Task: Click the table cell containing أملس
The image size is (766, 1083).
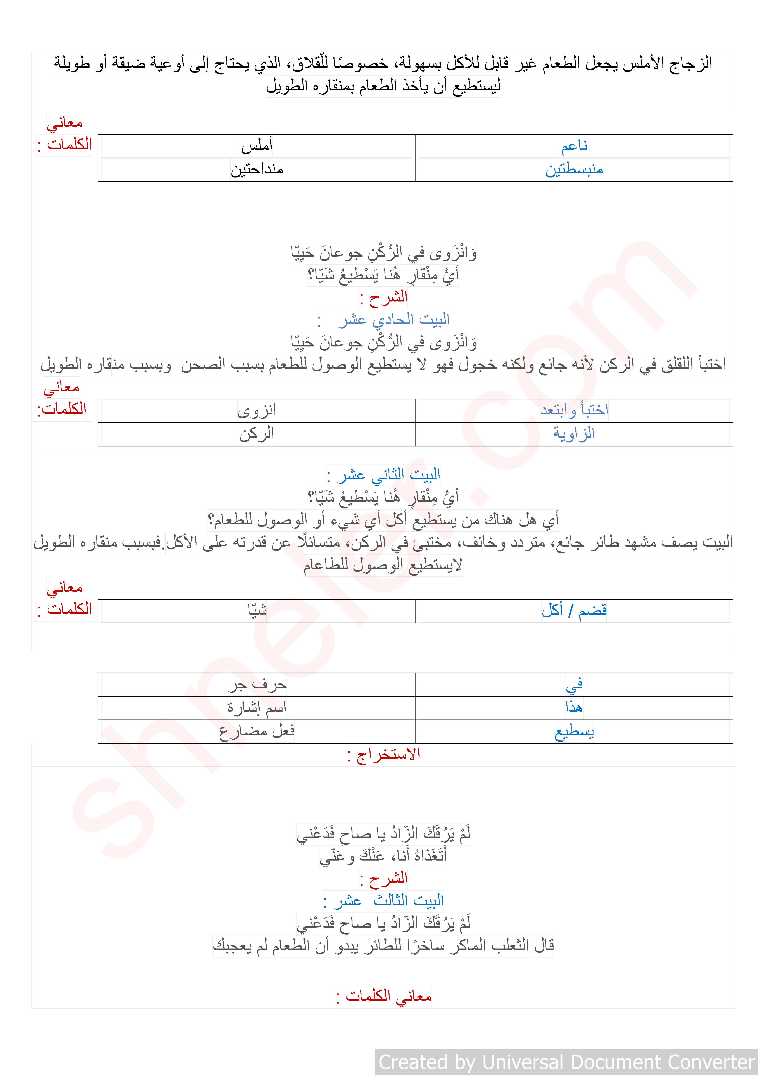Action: (257, 146)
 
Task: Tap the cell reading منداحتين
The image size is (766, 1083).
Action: (257, 169)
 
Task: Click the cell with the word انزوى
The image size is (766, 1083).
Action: (257, 410)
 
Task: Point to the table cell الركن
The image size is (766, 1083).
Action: (257, 434)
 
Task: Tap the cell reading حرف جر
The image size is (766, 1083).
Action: (257, 684)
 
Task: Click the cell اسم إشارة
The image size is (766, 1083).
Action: (257, 708)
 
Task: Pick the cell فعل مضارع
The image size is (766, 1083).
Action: (257, 732)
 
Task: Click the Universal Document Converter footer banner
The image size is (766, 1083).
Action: (566, 1062)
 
